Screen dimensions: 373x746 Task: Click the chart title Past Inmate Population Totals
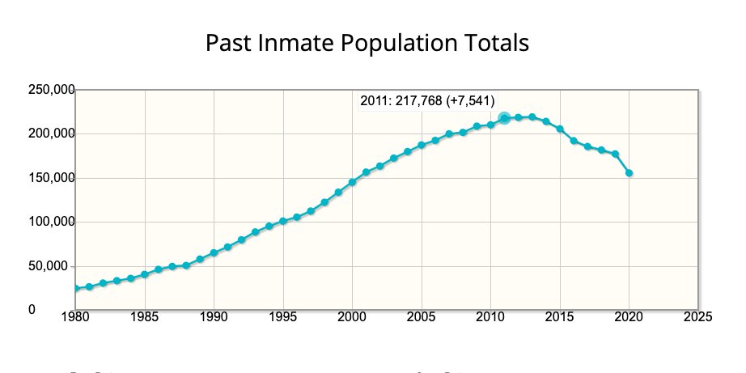[367, 42]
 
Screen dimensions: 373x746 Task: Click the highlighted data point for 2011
[504, 118]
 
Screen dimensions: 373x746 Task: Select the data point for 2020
[629, 173]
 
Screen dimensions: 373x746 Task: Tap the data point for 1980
[76, 288]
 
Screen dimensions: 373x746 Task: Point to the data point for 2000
[352, 182]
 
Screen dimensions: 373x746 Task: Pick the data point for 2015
[560, 129]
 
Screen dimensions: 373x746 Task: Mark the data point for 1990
[214, 253]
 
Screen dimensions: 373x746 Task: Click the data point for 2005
[421, 146]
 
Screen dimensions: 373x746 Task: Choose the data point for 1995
[283, 221]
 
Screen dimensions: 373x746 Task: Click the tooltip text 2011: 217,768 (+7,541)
[427, 100]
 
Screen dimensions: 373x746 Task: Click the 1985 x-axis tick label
[145, 316]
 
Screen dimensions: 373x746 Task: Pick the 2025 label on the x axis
[697, 316]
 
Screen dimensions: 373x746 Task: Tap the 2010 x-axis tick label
[490, 316]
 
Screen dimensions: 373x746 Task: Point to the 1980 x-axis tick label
[76, 316]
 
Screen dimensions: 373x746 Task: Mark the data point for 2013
[532, 117]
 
